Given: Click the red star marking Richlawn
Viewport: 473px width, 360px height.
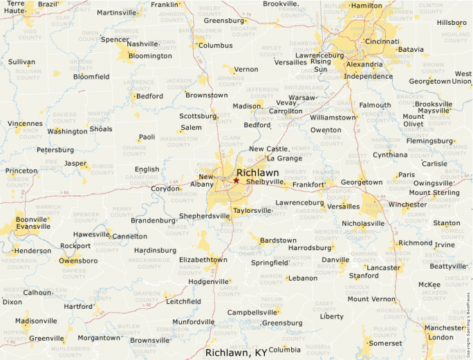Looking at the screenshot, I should tap(236, 180).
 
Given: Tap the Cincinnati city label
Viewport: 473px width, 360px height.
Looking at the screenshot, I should tap(382, 41).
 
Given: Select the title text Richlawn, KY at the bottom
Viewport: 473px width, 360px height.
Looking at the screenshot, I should tap(236, 352).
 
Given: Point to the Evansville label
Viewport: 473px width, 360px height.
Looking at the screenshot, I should tap(33, 226).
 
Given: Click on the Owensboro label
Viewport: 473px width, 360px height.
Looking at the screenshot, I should tap(77, 260).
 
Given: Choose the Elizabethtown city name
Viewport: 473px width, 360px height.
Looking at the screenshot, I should tap(203, 259).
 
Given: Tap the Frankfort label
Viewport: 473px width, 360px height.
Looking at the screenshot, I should tap(308, 185).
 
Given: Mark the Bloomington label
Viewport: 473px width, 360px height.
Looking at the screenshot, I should tap(150, 56).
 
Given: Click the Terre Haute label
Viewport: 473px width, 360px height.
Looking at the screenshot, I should tap(15, 8).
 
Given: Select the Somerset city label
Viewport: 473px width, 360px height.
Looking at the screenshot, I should tap(385, 343).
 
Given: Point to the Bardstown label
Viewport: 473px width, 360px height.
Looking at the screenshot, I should tap(278, 240).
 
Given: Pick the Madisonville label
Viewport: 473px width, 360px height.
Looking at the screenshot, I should tap(36, 321).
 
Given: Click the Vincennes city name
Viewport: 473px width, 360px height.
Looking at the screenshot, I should tap(24, 124).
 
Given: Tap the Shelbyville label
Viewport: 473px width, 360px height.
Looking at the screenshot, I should tap(265, 182).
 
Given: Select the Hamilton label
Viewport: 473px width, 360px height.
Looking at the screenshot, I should tap(367, 6).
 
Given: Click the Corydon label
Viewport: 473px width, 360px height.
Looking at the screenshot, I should tap(165, 188).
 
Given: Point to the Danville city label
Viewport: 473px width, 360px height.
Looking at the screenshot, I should tap(335, 260).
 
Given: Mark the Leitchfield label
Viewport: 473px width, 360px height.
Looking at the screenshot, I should tap(183, 301).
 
